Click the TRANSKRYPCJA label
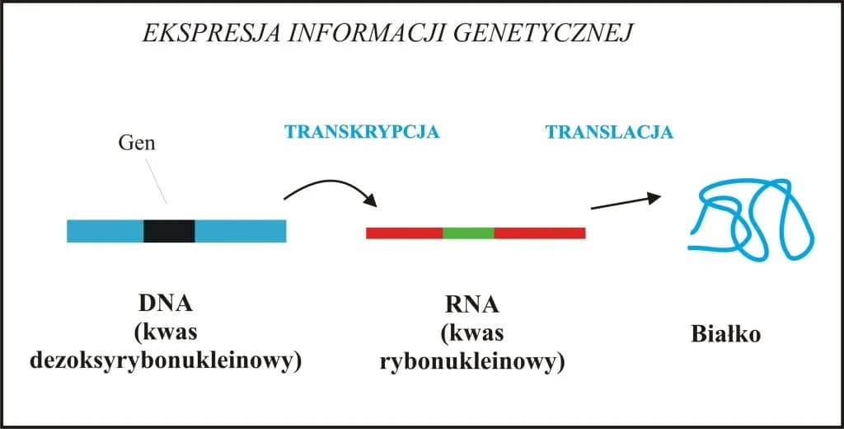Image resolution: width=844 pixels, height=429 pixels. point(362,132)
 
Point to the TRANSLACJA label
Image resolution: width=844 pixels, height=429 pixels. point(609,132)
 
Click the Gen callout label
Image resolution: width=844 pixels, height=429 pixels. point(137,144)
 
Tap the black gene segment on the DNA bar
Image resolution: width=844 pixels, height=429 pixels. point(169,231)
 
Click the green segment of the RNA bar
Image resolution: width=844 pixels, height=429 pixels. point(468,233)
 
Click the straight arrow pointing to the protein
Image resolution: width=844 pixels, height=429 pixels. point(625,202)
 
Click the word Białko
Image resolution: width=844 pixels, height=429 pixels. point(725,336)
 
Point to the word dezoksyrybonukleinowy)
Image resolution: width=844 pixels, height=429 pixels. point(163,361)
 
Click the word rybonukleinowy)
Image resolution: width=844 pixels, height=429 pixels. point(472,363)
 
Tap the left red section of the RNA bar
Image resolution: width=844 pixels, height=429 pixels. point(404,233)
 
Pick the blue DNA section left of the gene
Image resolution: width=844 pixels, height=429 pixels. point(105,231)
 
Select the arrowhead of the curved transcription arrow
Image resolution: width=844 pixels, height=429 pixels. point(371,200)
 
